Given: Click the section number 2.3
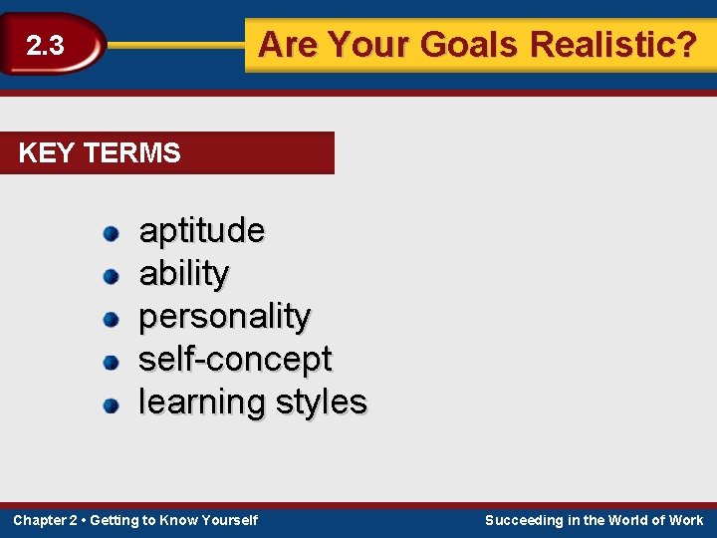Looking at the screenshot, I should [45, 46].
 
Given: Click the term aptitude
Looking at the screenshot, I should [201, 231].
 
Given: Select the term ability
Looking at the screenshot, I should [184, 273].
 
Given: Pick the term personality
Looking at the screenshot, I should [224, 317].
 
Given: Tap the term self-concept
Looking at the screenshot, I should [235, 359].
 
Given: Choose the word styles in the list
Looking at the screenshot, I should [322, 403].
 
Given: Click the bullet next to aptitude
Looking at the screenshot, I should [112, 234].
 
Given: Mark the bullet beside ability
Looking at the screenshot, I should [112, 276].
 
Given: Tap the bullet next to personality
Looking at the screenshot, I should [112, 319].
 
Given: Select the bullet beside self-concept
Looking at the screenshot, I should [112, 362].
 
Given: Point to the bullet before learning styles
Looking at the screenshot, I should [112, 404].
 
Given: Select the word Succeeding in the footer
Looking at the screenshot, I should [524, 520].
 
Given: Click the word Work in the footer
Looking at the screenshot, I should [685, 520].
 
